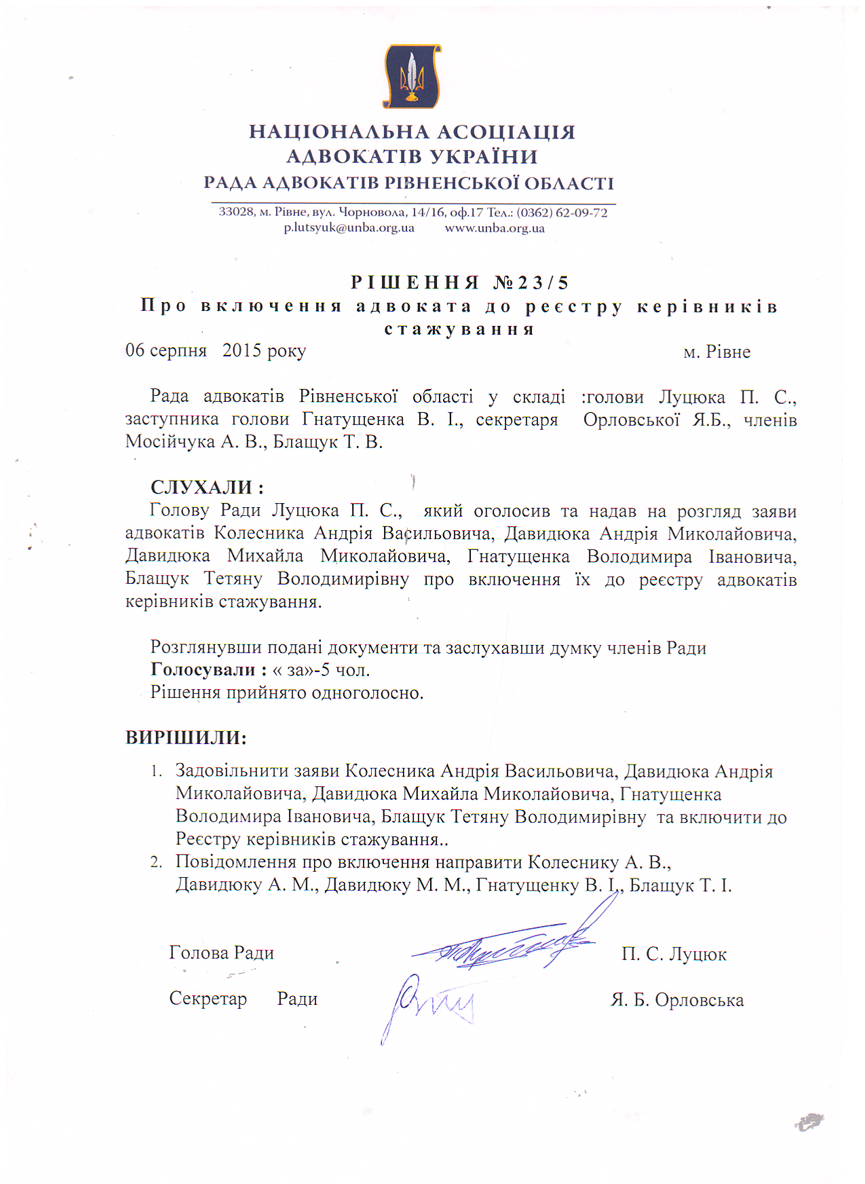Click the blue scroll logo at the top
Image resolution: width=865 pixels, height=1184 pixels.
click(x=412, y=75)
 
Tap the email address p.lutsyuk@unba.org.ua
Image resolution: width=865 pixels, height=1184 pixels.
click(x=349, y=228)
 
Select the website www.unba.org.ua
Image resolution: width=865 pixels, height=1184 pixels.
click(x=495, y=228)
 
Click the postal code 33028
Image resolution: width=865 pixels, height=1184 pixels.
click(x=236, y=212)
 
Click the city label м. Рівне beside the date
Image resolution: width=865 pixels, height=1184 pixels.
click(x=716, y=352)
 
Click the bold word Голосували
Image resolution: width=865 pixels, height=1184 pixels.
click(x=203, y=670)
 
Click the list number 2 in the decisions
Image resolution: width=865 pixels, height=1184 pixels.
click(x=155, y=862)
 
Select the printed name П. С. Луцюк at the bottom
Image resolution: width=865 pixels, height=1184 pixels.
click(x=674, y=955)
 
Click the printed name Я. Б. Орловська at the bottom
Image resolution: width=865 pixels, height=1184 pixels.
click(x=677, y=1000)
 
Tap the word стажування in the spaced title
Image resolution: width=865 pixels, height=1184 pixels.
click(x=459, y=330)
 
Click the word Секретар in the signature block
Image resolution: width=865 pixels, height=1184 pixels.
click(x=208, y=999)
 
